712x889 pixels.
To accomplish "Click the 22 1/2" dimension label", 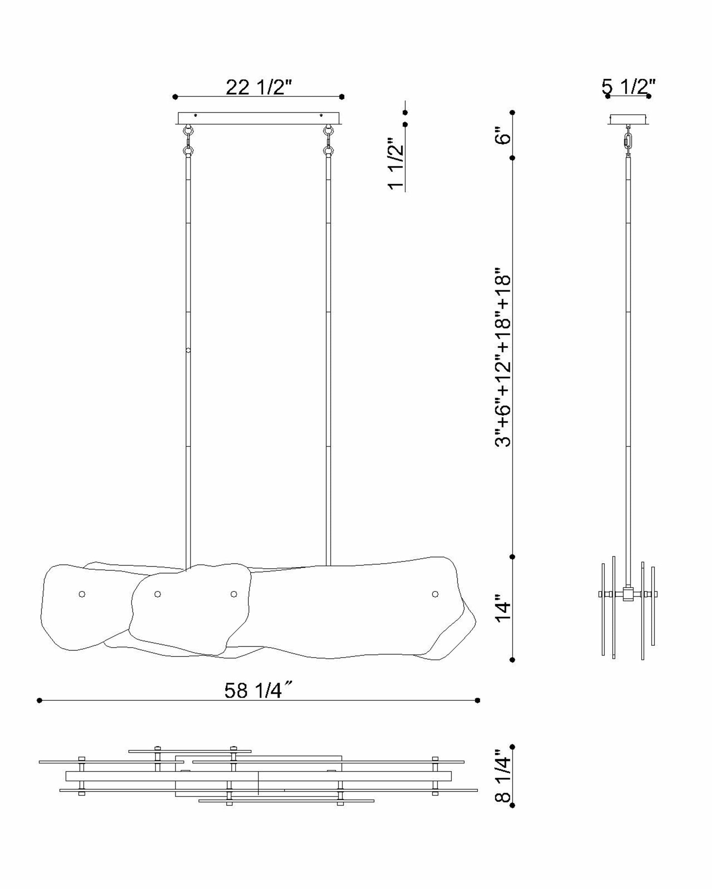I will tap(259, 87).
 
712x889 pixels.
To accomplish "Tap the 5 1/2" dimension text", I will tap(628, 87).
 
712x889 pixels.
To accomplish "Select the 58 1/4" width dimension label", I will tap(258, 690).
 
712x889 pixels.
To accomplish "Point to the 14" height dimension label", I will tap(503, 608).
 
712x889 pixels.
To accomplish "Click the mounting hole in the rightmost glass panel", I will tap(435, 594).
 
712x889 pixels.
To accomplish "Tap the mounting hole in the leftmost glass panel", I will tap(82, 594).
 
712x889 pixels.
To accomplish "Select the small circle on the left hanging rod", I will tap(188, 350).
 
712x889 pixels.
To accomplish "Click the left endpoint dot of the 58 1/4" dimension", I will tap(39, 700).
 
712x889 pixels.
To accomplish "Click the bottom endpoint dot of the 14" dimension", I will tap(512, 660).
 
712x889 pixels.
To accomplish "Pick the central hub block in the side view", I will tap(628, 594).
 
